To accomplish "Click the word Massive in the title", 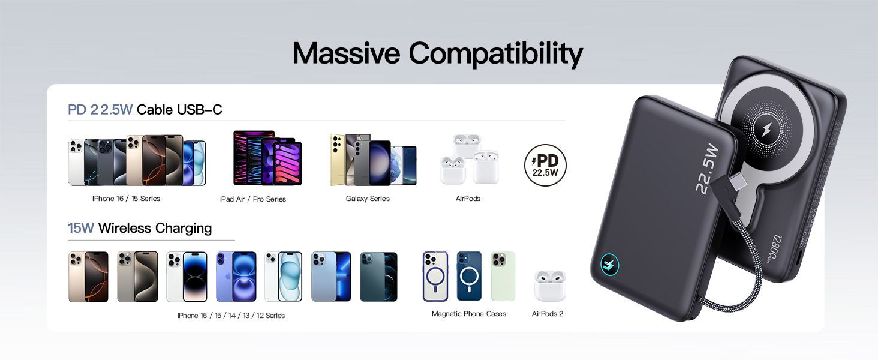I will click(x=346, y=54).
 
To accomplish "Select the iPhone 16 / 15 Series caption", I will click(x=126, y=199).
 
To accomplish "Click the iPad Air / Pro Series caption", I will click(x=252, y=199).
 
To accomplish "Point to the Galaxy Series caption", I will click(x=368, y=199).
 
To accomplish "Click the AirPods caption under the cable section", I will click(x=468, y=199).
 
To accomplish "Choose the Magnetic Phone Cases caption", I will click(x=468, y=314).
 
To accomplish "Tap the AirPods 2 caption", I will click(x=547, y=314).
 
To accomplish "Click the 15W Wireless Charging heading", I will click(x=140, y=229).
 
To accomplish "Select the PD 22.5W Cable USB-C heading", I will click(x=145, y=110).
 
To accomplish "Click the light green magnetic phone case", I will click(x=503, y=276).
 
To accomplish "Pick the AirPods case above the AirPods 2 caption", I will click(x=549, y=285).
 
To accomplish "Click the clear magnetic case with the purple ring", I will click(x=435, y=276).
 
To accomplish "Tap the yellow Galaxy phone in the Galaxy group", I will click(x=341, y=160).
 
